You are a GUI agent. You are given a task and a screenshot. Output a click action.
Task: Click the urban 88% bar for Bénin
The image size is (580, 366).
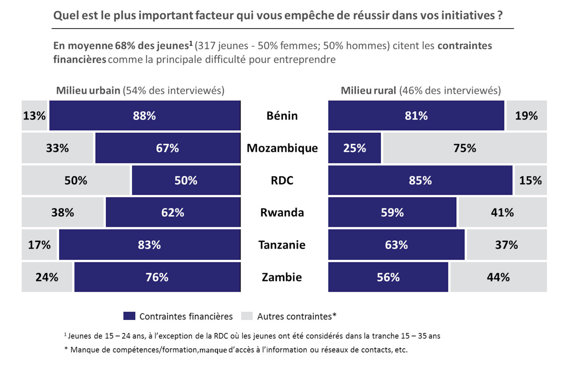(144, 115)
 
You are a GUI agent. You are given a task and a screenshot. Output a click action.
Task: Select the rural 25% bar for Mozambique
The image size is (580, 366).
(355, 148)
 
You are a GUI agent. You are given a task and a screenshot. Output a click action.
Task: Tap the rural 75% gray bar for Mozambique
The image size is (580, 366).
(464, 148)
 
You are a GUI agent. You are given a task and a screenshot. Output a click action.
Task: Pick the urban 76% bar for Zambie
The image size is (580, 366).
(157, 277)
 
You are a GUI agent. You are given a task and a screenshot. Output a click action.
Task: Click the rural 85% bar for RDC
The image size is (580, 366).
(420, 181)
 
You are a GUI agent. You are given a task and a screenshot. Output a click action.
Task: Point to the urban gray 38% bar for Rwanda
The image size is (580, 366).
(62, 213)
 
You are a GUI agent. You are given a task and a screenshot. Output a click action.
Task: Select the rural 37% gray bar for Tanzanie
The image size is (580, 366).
(506, 245)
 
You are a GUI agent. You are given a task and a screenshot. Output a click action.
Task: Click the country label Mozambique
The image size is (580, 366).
(282, 148)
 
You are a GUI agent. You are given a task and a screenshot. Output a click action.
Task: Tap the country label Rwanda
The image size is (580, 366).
(282, 213)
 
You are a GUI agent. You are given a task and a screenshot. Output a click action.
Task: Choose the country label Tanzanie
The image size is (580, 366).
(282, 245)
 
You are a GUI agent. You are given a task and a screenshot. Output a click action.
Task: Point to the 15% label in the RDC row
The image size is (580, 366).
(530, 181)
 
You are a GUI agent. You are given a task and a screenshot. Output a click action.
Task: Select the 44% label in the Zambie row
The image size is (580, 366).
(498, 277)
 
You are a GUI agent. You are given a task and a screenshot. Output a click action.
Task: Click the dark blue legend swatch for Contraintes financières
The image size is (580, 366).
(129, 316)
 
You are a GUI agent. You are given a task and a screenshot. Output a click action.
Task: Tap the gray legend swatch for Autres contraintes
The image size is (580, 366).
(247, 316)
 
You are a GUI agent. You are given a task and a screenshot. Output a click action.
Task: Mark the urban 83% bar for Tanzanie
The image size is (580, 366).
(149, 245)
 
